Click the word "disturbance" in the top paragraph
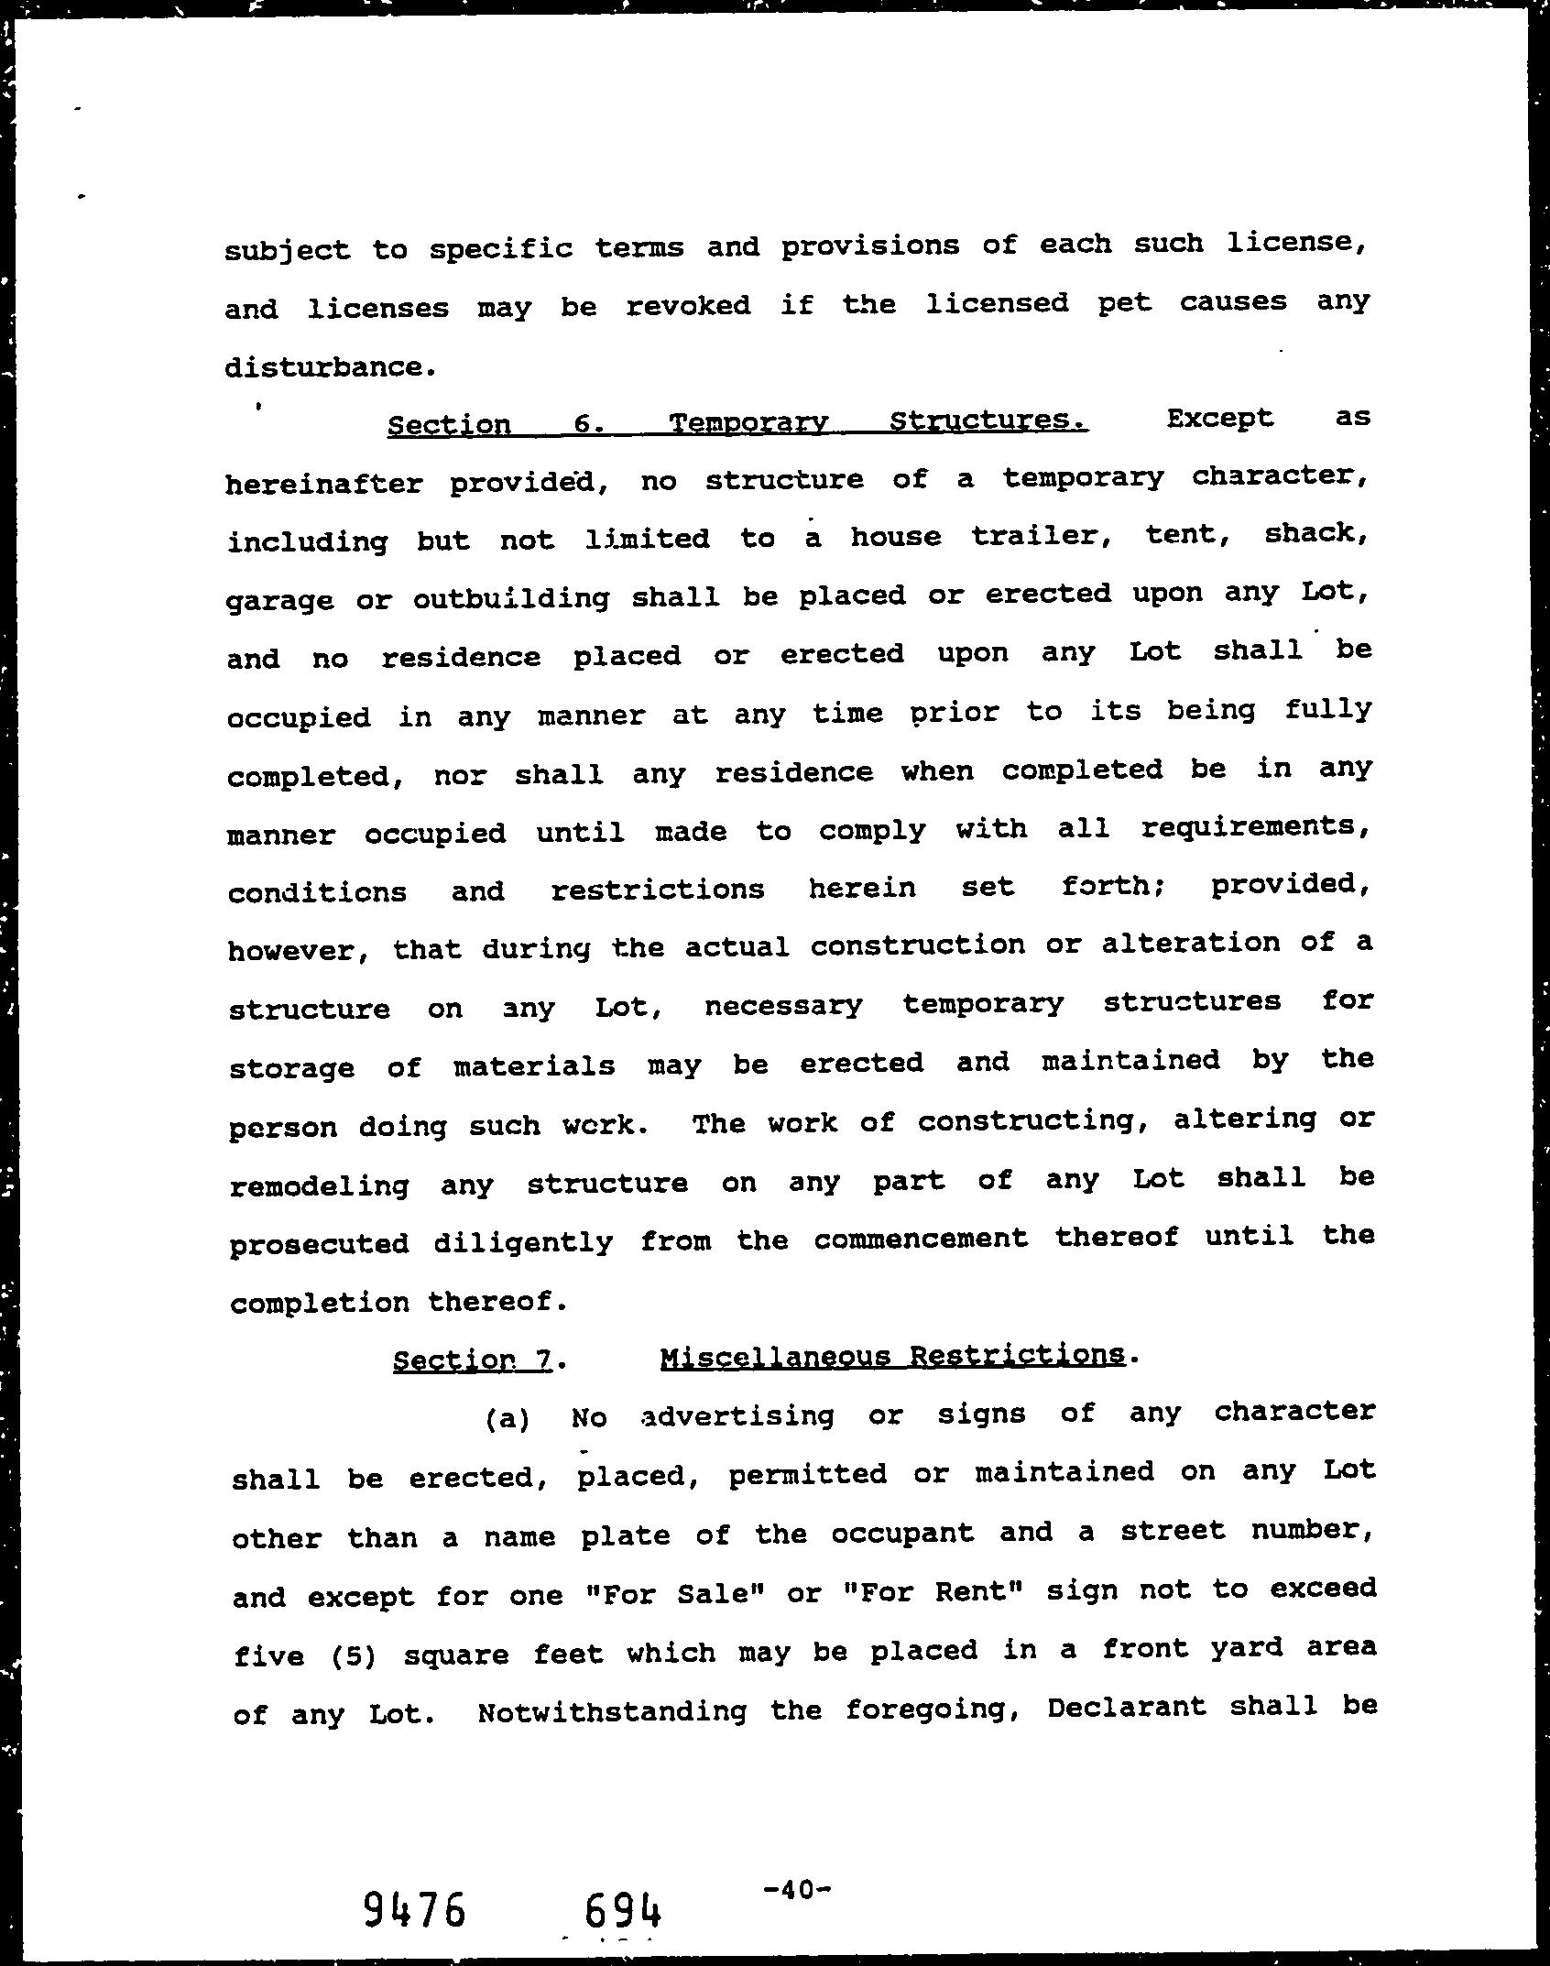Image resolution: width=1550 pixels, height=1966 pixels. (x=322, y=367)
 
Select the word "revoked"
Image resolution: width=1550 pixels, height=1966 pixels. (x=688, y=305)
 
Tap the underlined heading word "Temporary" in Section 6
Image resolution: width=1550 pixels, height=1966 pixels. (x=748, y=422)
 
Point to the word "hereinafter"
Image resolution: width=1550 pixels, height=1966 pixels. (x=324, y=483)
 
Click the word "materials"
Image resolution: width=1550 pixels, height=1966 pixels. (x=534, y=1065)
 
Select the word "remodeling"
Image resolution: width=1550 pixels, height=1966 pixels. (x=319, y=1185)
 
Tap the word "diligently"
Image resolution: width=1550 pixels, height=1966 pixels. (x=522, y=1243)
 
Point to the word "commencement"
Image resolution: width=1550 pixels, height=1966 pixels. (x=920, y=1240)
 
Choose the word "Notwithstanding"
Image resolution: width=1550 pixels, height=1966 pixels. (x=612, y=1711)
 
